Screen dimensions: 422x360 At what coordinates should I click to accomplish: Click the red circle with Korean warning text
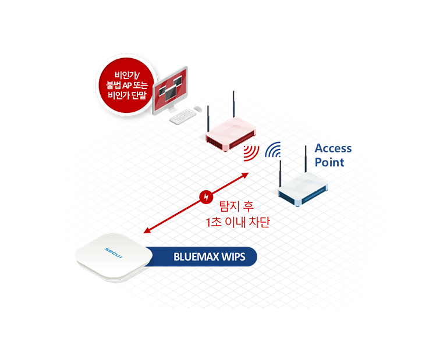point(126,85)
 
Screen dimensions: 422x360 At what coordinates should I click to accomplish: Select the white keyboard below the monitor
point(183,116)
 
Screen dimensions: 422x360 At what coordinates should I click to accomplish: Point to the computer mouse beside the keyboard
point(198,109)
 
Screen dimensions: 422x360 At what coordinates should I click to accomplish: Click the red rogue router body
point(230,134)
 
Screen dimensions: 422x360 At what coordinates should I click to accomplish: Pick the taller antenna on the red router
point(233,105)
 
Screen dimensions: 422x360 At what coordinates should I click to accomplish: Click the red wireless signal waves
point(251,153)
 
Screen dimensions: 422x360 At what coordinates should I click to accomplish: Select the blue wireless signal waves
point(273,149)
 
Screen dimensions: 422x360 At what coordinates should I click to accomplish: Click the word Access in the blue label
point(333,148)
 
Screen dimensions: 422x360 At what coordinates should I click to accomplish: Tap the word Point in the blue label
point(329,162)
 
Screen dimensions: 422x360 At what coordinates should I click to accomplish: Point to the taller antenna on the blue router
point(306,159)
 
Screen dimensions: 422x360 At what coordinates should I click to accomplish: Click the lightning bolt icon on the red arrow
point(206,197)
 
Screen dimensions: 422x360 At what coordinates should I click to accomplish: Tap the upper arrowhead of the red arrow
point(245,175)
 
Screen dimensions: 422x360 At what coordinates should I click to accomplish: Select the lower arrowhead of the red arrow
point(147,230)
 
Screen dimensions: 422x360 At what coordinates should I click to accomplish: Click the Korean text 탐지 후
point(236,206)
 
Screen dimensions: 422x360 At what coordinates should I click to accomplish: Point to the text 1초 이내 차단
point(238,222)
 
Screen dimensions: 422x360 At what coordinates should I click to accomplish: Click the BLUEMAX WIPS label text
point(210,256)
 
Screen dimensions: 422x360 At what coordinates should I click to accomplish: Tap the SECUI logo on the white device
point(114,253)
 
